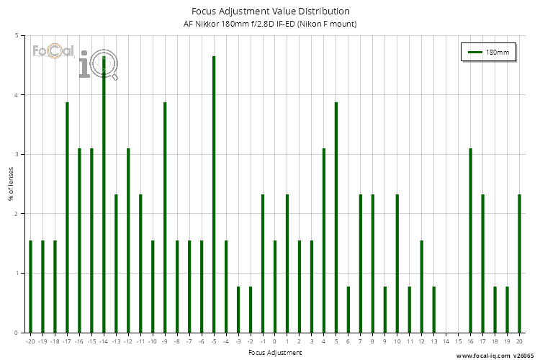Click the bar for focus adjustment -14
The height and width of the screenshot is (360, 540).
coord(104,194)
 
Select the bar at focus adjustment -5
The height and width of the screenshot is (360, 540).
coord(214,194)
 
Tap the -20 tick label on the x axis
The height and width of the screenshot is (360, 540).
coord(30,341)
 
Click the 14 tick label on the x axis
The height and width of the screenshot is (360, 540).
coord(446,341)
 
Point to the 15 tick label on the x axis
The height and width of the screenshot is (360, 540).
coord(458,341)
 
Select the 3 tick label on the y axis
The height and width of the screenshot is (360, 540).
coord(18,154)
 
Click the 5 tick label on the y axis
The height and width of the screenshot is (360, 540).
coord(18,35)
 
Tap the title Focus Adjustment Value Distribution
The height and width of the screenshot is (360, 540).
coord(271,12)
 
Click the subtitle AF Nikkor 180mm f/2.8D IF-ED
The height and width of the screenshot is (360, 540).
coord(271,24)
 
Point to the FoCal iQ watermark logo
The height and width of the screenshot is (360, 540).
coord(75,59)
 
